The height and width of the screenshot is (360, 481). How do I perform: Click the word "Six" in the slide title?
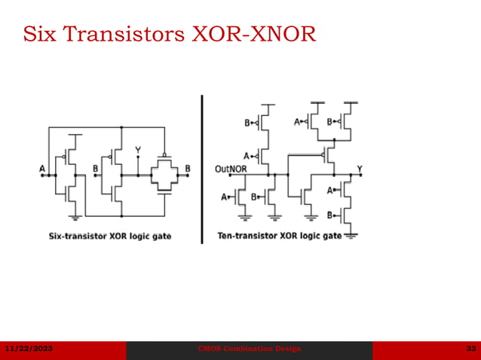click(38, 34)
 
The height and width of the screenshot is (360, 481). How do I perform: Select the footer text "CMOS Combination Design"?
click(249, 349)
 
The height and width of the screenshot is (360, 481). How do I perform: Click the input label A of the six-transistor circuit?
click(42, 169)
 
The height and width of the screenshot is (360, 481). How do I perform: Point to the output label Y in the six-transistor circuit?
click(138, 151)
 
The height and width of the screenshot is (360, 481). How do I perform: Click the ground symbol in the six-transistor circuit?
click(75, 218)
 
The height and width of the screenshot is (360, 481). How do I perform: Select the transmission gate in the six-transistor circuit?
click(164, 175)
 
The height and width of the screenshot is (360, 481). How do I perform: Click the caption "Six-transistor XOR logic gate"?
click(110, 236)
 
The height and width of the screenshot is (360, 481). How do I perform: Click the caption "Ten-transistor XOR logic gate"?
click(279, 236)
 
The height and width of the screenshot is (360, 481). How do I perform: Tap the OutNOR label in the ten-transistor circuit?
click(230, 169)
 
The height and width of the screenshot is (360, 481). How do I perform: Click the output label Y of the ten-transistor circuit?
click(359, 168)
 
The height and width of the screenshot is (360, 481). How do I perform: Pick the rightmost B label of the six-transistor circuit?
click(188, 169)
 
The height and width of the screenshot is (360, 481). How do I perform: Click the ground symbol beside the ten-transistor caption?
click(351, 236)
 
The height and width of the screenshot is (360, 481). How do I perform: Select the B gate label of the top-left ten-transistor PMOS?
click(247, 122)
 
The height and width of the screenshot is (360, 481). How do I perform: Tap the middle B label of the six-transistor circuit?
click(95, 169)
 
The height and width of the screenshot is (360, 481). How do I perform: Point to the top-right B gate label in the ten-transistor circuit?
click(330, 121)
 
